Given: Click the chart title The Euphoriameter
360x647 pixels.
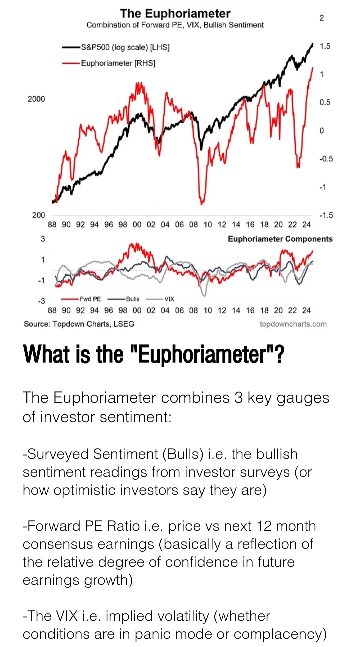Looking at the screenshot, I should [175, 13].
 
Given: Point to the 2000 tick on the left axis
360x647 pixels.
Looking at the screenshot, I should [36, 99].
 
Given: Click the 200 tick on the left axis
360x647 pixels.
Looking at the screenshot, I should [38, 215].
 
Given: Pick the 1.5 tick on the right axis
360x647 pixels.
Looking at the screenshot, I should [325, 46].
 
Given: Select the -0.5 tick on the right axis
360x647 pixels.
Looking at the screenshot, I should [326, 159].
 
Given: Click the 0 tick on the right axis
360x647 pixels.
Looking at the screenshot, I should [322, 131].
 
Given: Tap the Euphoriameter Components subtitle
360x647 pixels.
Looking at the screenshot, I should [280, 239].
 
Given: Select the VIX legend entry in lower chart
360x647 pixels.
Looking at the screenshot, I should [169, 299].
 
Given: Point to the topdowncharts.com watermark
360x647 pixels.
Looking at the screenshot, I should [293, 324].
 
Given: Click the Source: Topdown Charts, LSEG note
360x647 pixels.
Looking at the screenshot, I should [79, 324].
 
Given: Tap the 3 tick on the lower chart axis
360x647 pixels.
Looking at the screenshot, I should [43, 239].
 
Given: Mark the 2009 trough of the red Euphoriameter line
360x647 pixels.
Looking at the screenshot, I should [202, 203].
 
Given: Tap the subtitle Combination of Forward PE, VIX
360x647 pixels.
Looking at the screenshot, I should [175, 25].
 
